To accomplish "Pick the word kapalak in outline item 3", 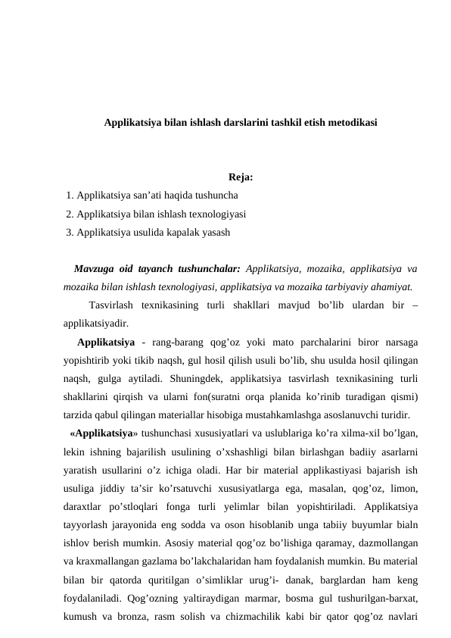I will (x=179, y=233).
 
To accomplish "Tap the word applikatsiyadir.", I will (x=95, y=323).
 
